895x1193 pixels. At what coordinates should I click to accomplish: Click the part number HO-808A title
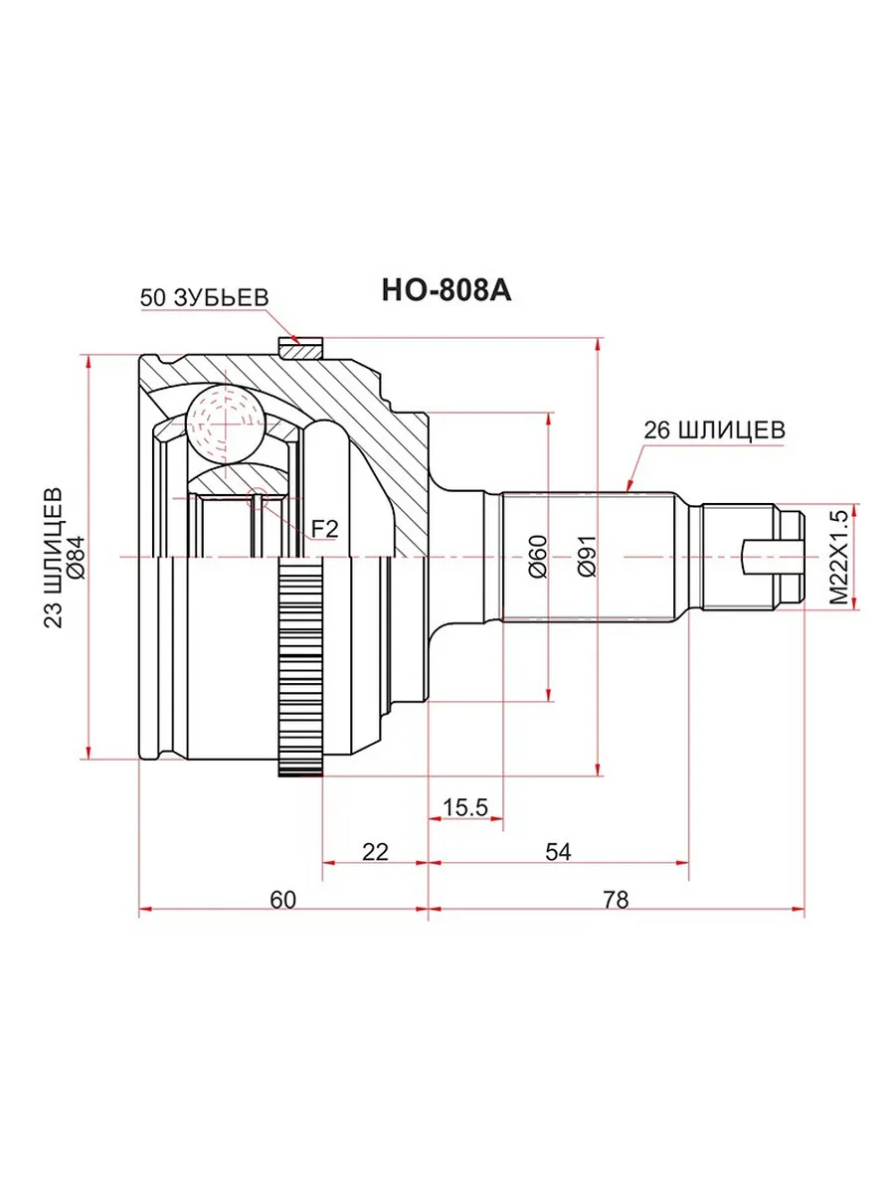pyautogui.click(x=447, y=290)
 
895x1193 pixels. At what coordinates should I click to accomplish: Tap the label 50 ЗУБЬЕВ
pyautogui.click(x=204, y=298)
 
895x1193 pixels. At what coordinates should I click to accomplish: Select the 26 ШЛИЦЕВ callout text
pyautogui.click(x=715, y=430)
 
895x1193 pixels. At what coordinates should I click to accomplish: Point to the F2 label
pyautogui.click(x=325, y=528)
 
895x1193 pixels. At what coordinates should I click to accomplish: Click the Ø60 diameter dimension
pyautogui.click(x=537, y=557)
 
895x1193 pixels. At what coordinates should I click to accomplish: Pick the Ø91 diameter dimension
pyautogui.click(x=588, y=557)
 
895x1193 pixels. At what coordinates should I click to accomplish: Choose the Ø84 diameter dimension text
pyautogui.click(x=77, y=557)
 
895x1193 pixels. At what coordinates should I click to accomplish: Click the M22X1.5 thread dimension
pyautogui.click(x=838, y=558)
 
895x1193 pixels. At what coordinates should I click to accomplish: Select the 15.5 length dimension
pyautogui.click(x=465, y=807)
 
